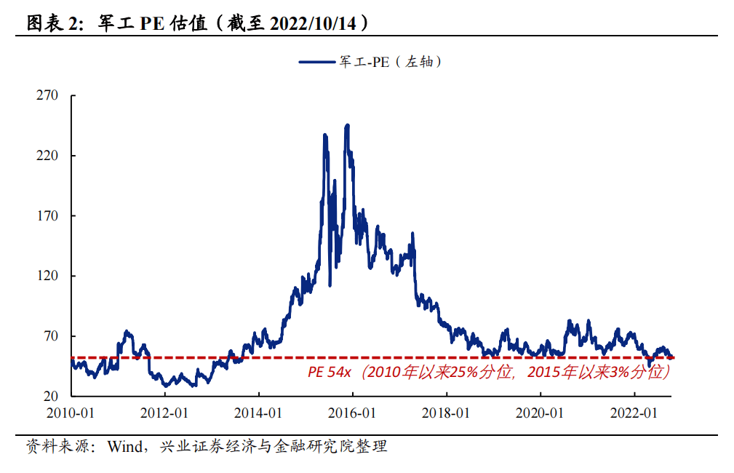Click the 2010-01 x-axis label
click(x=71, y=413)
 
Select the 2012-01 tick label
click(x=165, y=413)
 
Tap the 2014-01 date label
click(x=259, y=413)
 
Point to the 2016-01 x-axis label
click(x=353, y=413)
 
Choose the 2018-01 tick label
click(x=447, y=413)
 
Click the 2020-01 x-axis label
click(x=540, y=413)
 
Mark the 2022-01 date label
click(x=634, y=413)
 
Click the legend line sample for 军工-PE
click(x=316, y=63)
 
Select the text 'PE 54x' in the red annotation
click(x=330, y=373)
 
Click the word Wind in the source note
click(x=124, y=446)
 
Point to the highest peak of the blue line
click(x=347, y=125)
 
